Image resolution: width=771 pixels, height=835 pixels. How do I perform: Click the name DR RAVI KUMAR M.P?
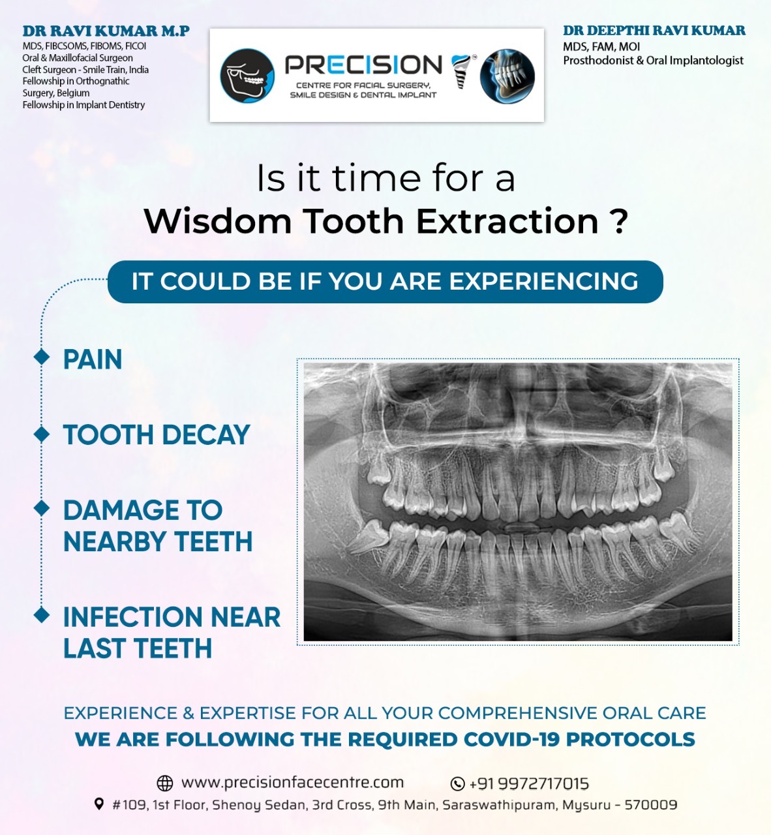pyautogui.click(x=106, y=31)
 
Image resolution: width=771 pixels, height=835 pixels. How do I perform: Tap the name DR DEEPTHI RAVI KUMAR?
pyautogui.click(x=654, y=30)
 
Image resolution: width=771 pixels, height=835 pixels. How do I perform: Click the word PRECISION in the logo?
pyautogui.click(x=363, y=65)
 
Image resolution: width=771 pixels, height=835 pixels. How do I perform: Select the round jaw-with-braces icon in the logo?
pyautogui.click(x=247, y=76)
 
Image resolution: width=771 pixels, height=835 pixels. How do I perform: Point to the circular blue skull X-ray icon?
pyautogui.click(x=507, y=76)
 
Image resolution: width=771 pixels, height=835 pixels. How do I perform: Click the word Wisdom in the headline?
pyautogui.click(x=217, y=221)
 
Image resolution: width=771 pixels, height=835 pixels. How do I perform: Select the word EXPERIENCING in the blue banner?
pyautogui.click(x=543, y=281)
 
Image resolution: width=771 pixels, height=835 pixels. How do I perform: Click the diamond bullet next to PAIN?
pyautogui.click(x=42, y=357)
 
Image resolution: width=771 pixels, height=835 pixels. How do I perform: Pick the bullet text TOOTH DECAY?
pyautogui.click(x=157, y=434)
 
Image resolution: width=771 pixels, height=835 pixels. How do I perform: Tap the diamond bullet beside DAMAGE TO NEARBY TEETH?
pyautogui.click(x=42, y=508)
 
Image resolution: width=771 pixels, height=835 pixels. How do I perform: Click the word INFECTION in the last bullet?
pyautogui.click(x=133, y=616)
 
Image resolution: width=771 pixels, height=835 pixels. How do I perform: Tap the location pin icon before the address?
pyautogui.click(x=99, y=804)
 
